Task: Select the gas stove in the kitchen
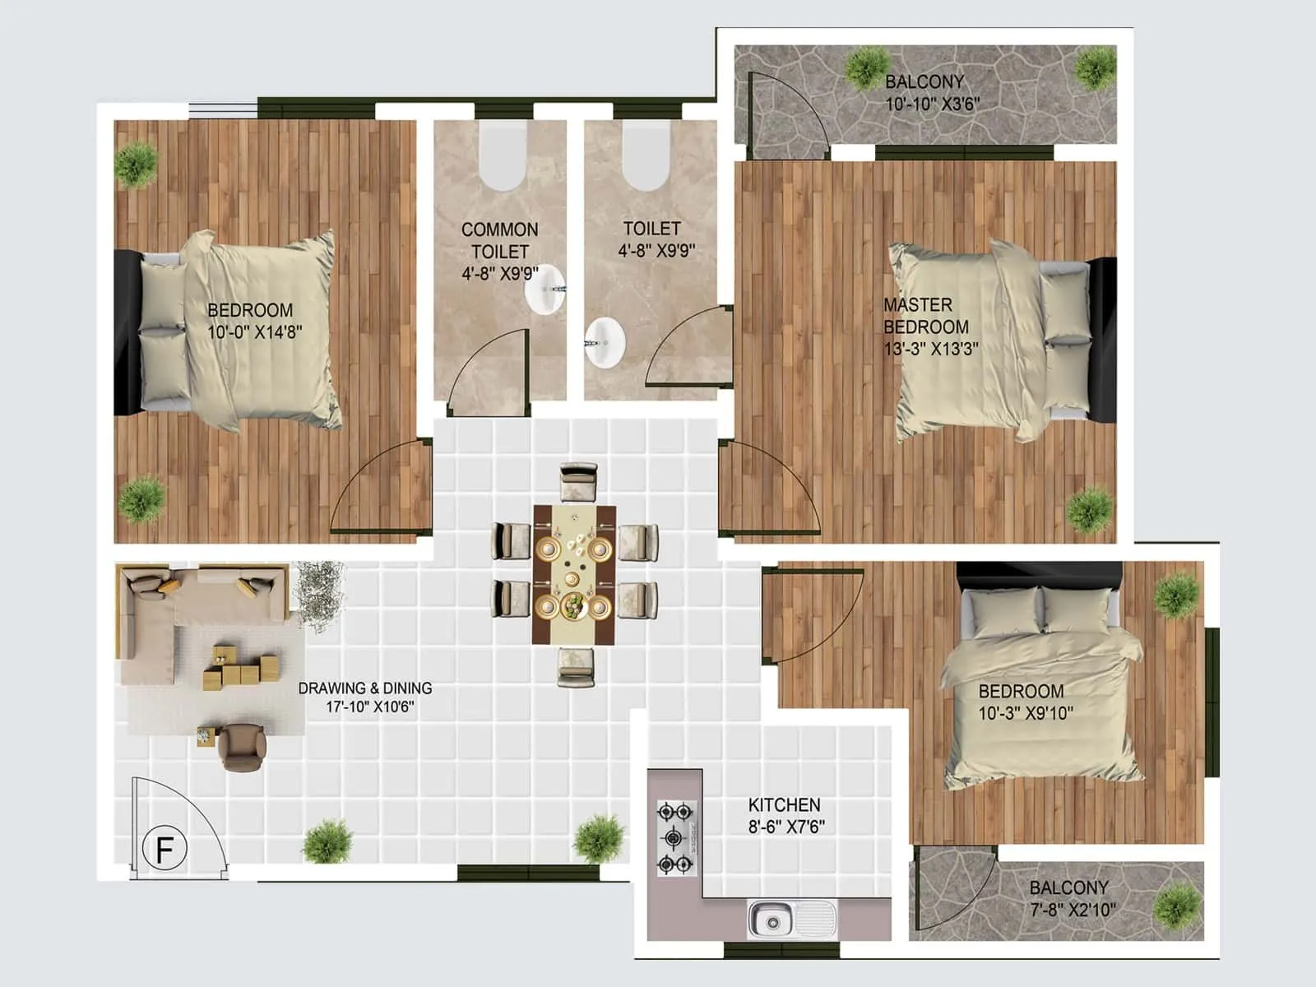pos(676,838)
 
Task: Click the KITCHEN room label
pos(784,805)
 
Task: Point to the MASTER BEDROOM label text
pos(925,316)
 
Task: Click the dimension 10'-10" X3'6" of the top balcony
pos(932,104)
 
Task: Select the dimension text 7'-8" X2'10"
pos(1073,910)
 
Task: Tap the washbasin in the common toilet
pos(545,290)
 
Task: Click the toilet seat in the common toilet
pos(502,160)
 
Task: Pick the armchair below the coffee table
pos(242,745)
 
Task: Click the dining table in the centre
pos(574,574)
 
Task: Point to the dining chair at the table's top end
pos(579,482)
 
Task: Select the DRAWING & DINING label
pos(364,688)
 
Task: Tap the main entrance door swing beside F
pos(177,822)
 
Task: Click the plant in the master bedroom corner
pos(1089,508)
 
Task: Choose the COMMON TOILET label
pos(499,240)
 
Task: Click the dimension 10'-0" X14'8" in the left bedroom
pos(255,332)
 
